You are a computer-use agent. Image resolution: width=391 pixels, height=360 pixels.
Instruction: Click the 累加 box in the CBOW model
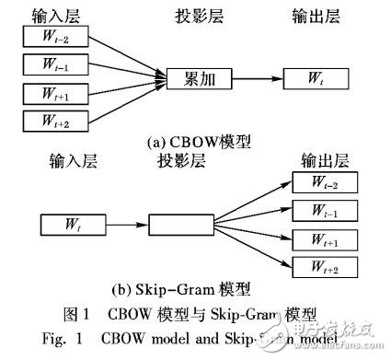pos(196,80)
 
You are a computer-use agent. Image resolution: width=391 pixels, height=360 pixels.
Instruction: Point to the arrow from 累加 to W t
pos(255,80)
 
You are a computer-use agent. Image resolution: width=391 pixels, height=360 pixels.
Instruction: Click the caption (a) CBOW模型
pos(194,143)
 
